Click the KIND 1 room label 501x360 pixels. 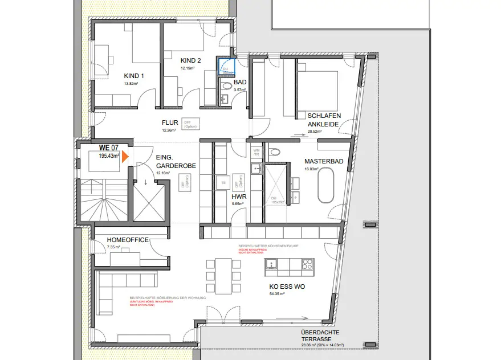tap(134, 76)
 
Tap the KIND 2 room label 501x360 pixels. tap(191, 60)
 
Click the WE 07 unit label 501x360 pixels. tap(109, 148)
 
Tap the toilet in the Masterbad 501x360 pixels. tap(275, 152)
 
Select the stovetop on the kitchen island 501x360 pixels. tap(307, 264)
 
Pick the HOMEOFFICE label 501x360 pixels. tap(127, 240)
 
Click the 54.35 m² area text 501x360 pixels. tap(278, 294)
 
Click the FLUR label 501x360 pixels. tap(170, 122)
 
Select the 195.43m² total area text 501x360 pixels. tap(109, 156)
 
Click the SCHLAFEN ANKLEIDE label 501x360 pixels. tap(324, 120)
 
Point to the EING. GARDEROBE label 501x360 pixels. tap(176, 161)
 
